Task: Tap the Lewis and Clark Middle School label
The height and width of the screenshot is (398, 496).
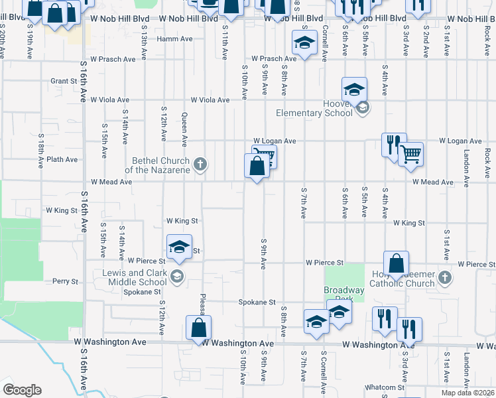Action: (135, 277)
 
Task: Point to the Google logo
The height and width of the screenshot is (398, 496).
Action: (22, 390)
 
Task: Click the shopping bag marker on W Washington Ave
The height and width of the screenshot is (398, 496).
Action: (198, 328)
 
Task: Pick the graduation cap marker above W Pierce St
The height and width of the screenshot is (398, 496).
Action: (178, 247)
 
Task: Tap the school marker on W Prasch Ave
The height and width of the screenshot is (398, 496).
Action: (304, 44)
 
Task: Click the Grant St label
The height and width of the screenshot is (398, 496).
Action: (64, 82)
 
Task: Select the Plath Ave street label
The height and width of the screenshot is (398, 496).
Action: (62, 160)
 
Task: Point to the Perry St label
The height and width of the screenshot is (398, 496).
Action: (66, 281)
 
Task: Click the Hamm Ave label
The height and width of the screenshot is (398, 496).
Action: (174, 39)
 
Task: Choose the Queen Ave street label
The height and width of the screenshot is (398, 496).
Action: (184, 129)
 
